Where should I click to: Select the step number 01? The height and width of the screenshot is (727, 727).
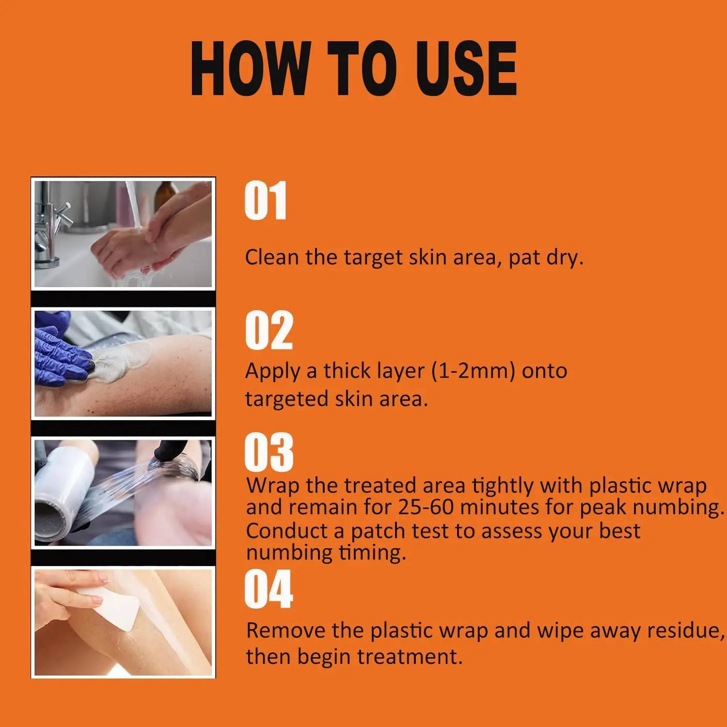tap(266, 201)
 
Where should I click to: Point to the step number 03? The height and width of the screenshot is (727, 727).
tap(269, 452)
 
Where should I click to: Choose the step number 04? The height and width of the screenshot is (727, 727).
tap(269, 589)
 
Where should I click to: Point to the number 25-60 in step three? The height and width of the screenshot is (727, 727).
tap(426, 507)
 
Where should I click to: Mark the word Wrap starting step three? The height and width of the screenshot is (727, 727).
tap(273, 486)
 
